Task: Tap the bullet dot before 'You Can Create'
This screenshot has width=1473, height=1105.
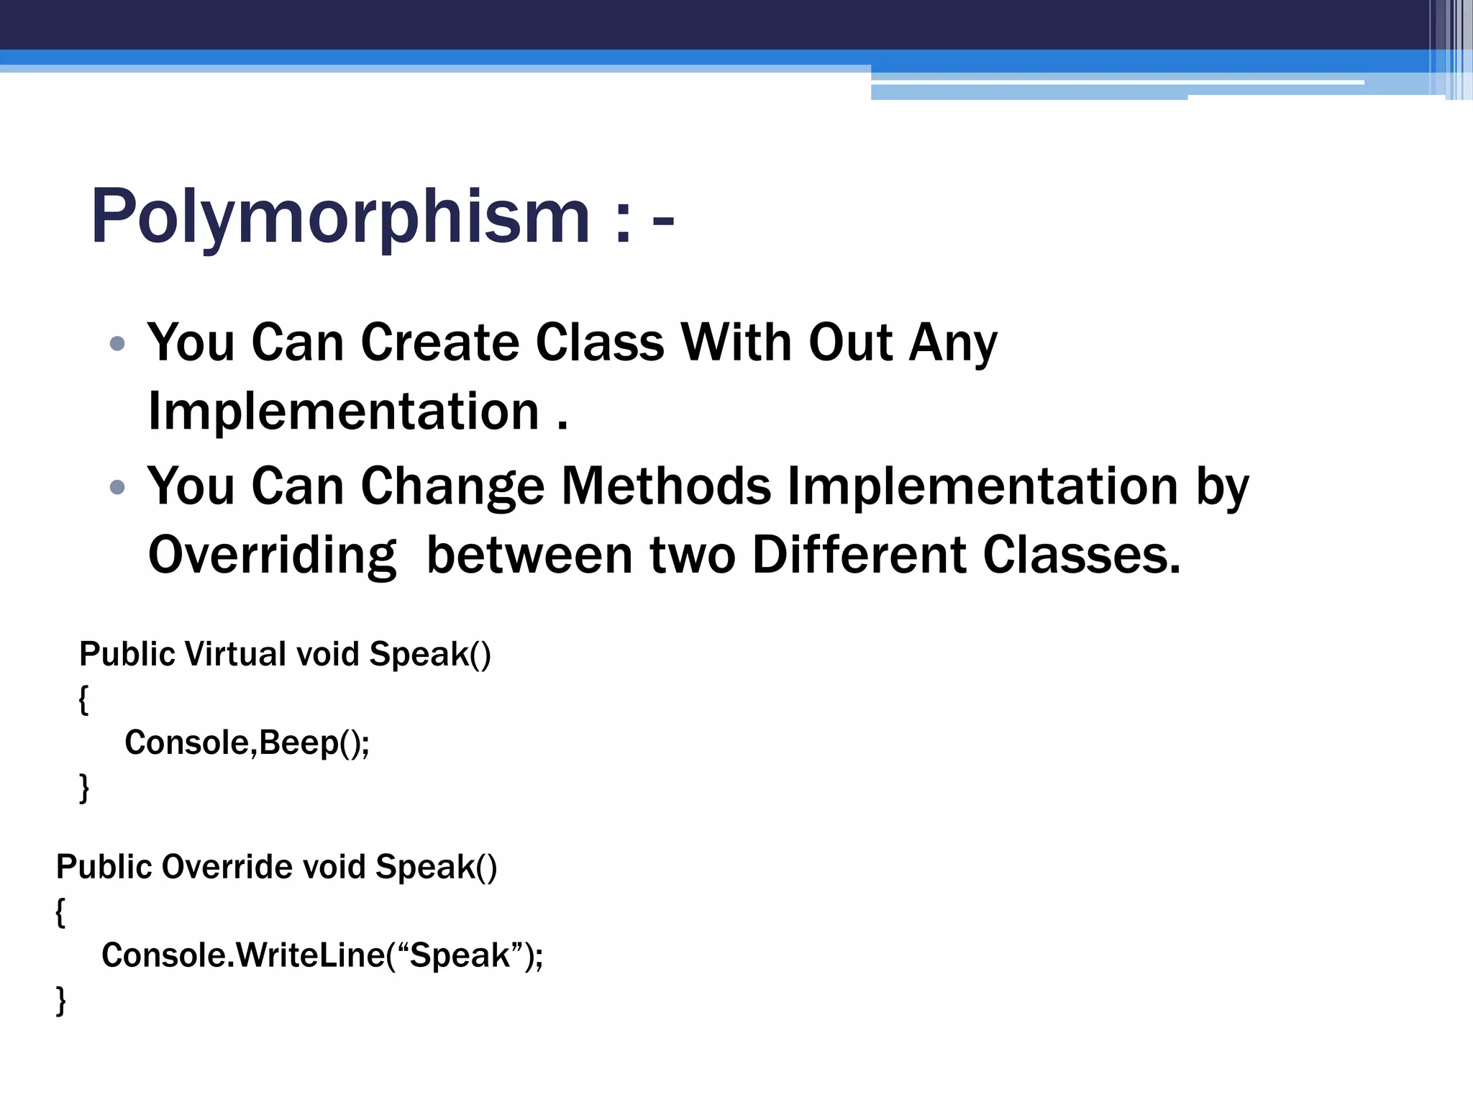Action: (x=117, y=344)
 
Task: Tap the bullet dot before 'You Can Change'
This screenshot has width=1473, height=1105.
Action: (x=117, y=488)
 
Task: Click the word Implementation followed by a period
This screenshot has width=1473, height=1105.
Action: (x=343, y=411)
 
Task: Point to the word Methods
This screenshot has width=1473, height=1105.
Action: (x=666, y=486)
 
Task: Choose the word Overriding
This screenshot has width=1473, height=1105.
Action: (x=272, y=555)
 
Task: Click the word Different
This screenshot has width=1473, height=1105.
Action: (x=859, y=555)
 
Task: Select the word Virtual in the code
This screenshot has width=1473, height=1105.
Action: (x=235, y=655)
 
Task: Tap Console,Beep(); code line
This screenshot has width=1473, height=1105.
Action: (x=247, y=742)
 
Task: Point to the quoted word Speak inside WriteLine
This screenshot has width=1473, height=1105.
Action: (x=460, y=955)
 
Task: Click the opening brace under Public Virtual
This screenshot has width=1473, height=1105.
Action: (x=83, y=699)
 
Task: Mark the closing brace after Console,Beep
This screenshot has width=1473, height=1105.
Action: (x=83, y=787)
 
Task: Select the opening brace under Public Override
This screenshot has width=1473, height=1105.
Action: (x=60, y=912)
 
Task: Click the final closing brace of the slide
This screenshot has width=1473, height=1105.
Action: (x=60, y=1000)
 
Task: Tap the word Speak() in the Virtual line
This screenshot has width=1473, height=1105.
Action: (x=430, y=655)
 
